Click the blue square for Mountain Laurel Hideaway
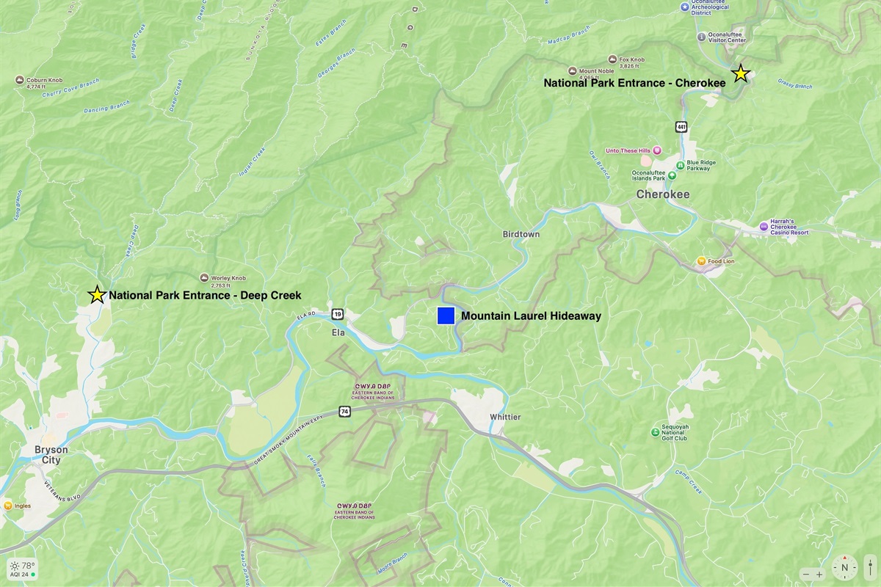446,316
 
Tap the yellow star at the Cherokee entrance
741,73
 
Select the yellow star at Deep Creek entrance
96,295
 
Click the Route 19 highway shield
337,314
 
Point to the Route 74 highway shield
344,411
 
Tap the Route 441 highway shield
682,127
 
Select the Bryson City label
51,455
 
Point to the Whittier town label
504,418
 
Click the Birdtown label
521,234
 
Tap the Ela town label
338,332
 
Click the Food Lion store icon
701,260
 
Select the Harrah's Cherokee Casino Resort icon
764,225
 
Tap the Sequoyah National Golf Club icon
655,432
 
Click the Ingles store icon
7,506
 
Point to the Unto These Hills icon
657,150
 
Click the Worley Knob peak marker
204,278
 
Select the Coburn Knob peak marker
21,79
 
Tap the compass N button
844,567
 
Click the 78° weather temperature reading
28,566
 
